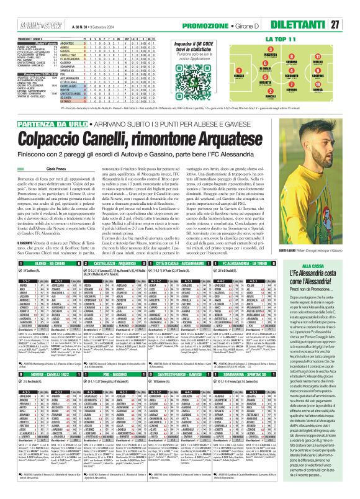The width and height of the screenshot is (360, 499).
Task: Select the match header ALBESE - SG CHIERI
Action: tap(38, 264)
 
